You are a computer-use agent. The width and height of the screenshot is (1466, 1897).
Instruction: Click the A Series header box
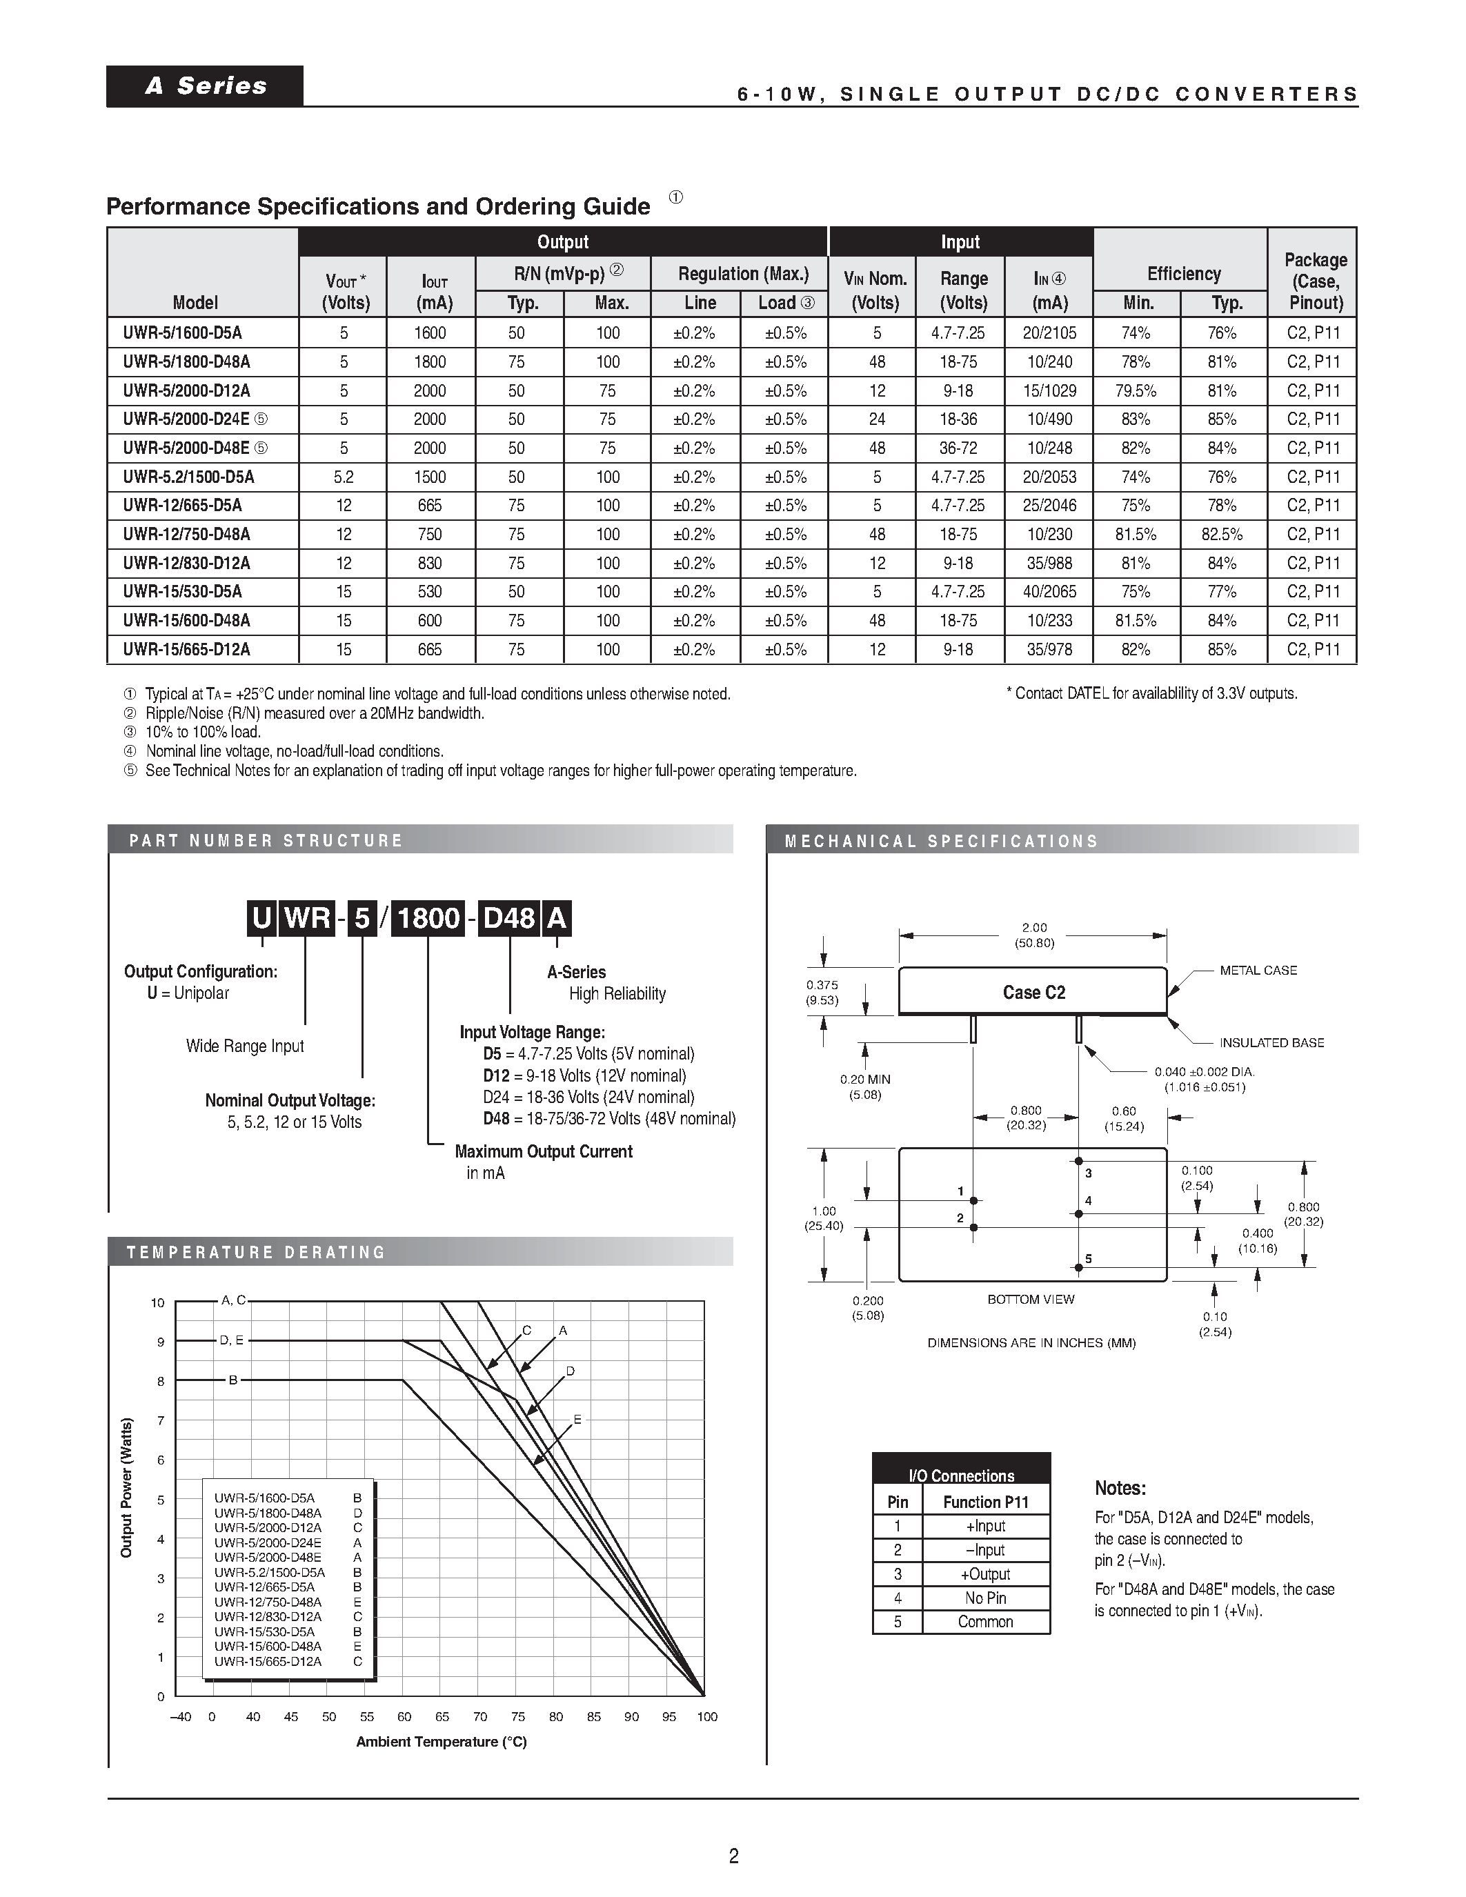205,86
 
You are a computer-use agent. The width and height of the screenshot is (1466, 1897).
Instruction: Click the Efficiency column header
1183,275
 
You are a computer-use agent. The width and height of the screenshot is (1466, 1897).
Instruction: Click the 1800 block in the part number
428,919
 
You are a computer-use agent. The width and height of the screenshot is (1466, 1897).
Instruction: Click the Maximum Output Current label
544,1152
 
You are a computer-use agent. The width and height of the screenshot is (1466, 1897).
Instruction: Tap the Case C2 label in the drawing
1033,993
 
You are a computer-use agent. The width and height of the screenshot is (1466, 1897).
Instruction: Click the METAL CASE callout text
1258,970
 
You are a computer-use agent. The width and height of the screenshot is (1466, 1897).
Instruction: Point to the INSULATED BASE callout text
1271,1043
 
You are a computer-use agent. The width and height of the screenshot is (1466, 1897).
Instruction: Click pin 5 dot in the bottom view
1079,1267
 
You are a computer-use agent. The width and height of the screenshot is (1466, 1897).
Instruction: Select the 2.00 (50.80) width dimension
1033,935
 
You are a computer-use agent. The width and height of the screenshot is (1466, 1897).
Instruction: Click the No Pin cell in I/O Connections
985,1598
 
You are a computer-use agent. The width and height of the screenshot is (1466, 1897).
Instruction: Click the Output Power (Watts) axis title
127,1488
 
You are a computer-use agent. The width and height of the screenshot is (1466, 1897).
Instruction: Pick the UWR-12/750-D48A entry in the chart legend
268,1602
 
